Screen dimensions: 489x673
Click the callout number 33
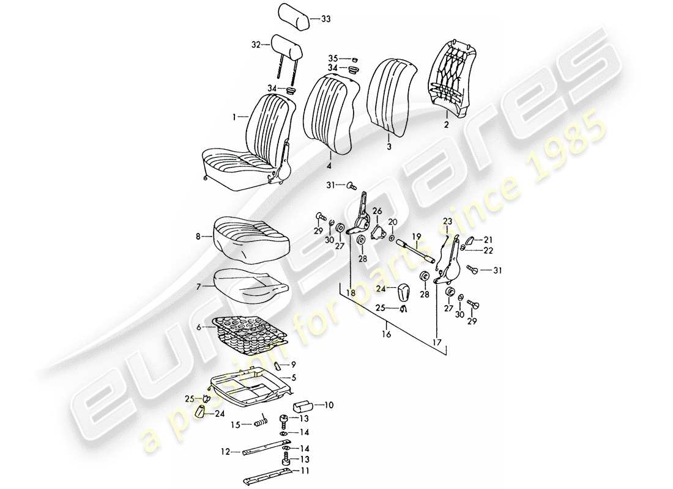[325, 20]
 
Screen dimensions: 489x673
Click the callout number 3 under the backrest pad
[389, 147]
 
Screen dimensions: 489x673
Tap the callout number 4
[329, 166]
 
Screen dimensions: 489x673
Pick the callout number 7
[198, 285]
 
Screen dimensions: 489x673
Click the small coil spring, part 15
[262, 422]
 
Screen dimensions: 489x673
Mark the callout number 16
[385, 335]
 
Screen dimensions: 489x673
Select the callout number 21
[488, 239]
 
